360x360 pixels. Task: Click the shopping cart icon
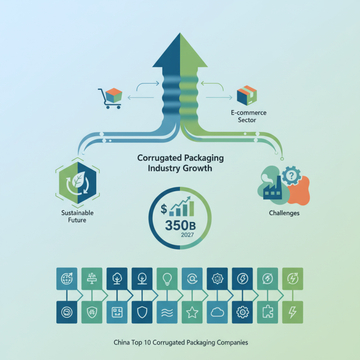[x=109, y=99]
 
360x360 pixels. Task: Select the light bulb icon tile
[x=166, y=278]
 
